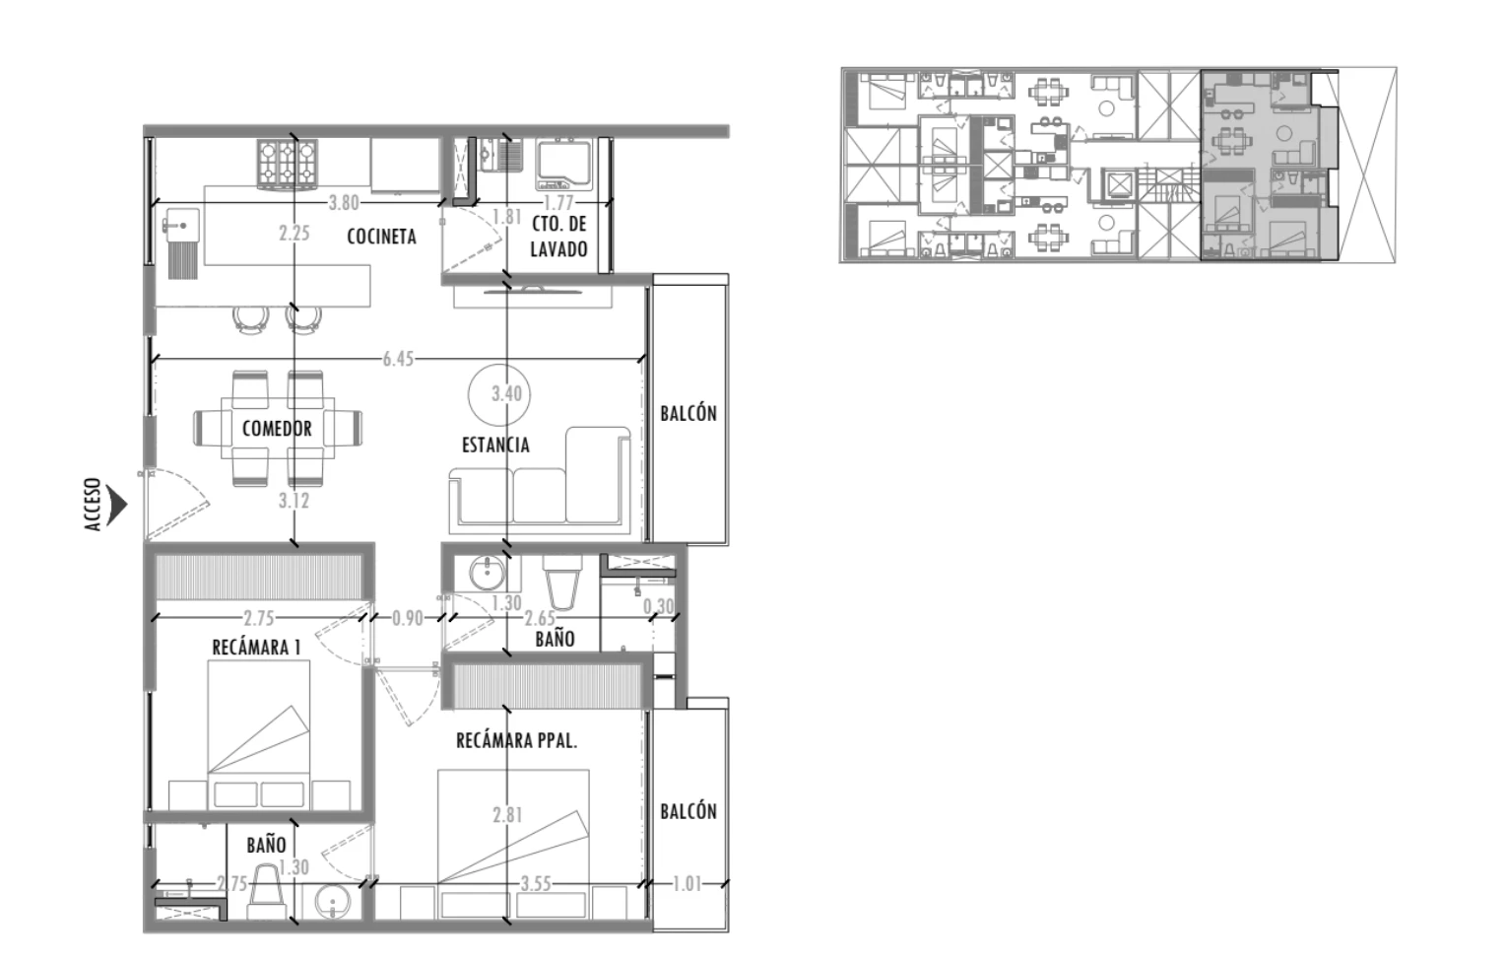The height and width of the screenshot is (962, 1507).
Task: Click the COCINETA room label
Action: tap(381, 237)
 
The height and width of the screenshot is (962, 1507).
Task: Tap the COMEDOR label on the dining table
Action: tap(277, 429)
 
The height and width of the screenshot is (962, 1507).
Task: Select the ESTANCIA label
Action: tap(495, 445)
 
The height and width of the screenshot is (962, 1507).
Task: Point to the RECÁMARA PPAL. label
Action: tap(517, 741)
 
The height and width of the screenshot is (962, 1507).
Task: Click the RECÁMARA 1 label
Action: tap(256, 648)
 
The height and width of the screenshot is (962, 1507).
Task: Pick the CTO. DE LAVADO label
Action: tap(558, 237)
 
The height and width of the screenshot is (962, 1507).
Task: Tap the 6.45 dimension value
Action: tap(398, 359)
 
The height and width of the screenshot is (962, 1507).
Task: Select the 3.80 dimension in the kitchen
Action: tap(344, 203)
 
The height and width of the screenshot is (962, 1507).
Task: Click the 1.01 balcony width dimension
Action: tap(687, 884)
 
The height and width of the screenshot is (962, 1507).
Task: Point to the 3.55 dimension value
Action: tap(536, 884)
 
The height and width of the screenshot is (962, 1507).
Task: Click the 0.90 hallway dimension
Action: tap(408, 618)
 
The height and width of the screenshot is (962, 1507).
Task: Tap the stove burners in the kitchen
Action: tap(287, 165)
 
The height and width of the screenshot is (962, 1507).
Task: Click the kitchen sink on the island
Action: tap(181, 226)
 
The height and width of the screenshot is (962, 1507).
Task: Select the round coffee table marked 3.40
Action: tap(499, 394)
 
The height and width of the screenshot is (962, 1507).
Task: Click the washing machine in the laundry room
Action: tap(563, 165)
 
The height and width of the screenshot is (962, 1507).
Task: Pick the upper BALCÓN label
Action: tap(688, 413)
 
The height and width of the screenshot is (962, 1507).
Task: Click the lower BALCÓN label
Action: tap(688, 812)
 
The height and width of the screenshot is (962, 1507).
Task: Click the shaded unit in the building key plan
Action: tap(1262, 165)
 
